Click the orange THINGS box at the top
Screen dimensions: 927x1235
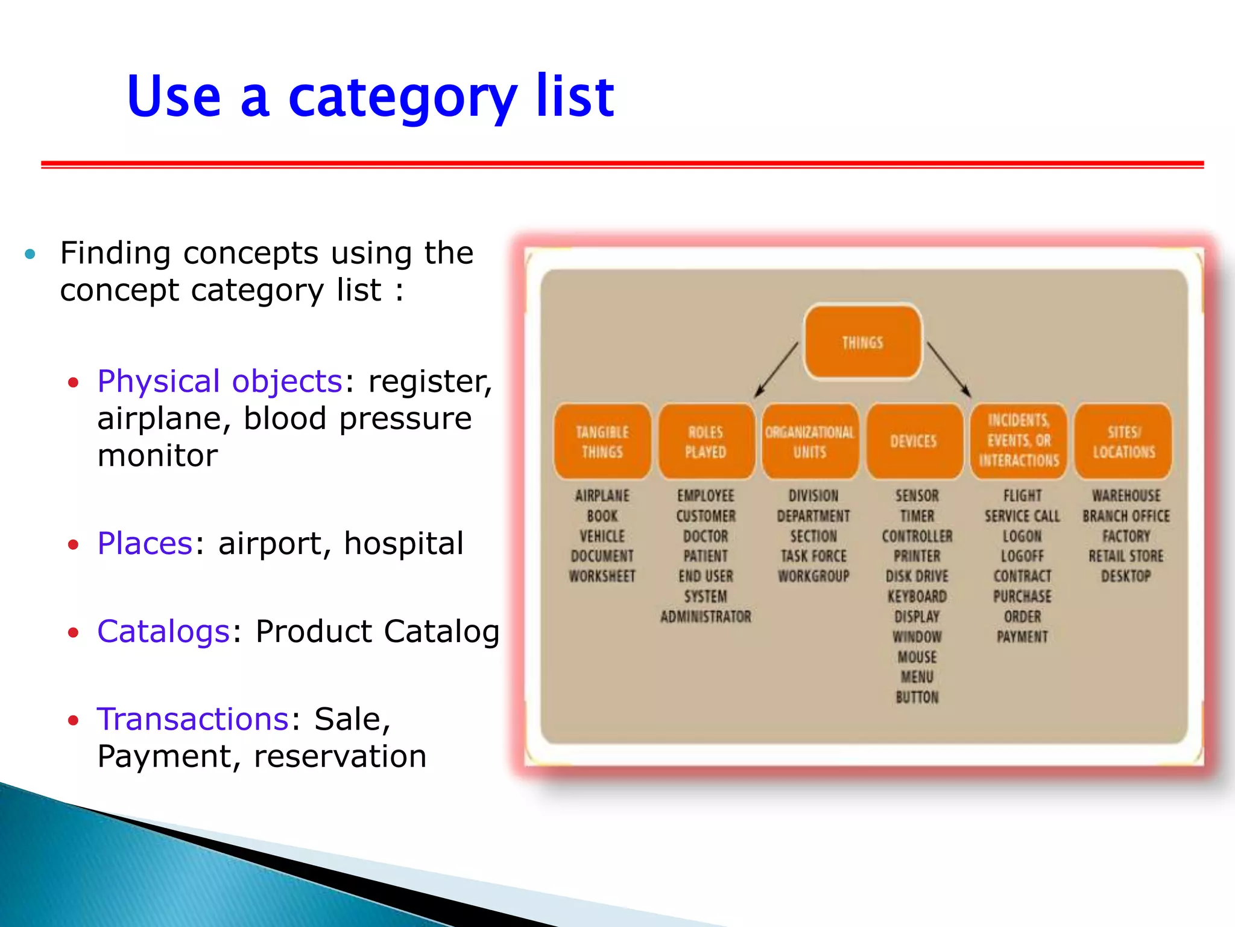(863, 342)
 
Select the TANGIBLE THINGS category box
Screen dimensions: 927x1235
(602, 442)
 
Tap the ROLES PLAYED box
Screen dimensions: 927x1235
(706, 442)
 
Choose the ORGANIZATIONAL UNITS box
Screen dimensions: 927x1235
(810, 442)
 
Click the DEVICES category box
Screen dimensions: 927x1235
(914, 442)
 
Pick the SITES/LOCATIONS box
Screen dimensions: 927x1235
(1123, 442)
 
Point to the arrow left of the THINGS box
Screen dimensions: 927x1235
(776, 369)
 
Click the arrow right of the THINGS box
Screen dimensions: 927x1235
(949, 369)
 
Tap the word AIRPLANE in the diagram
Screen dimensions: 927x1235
(602, 496)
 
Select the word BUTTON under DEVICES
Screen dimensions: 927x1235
(917, 698)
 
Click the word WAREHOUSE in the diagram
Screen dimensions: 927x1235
(1126, 496)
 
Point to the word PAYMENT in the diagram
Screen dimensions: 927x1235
(1022, 637)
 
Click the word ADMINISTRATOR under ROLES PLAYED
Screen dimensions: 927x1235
(706, 617)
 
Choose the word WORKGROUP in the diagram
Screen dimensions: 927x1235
(813, 576)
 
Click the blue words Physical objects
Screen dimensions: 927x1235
(220, 381)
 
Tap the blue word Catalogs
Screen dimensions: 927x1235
(163, 631)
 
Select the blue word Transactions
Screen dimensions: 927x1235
(193, 719)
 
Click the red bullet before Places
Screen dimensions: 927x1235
(74, 545)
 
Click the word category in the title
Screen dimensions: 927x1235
(402, 97)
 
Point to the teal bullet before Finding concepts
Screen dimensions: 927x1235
(30, 254)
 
